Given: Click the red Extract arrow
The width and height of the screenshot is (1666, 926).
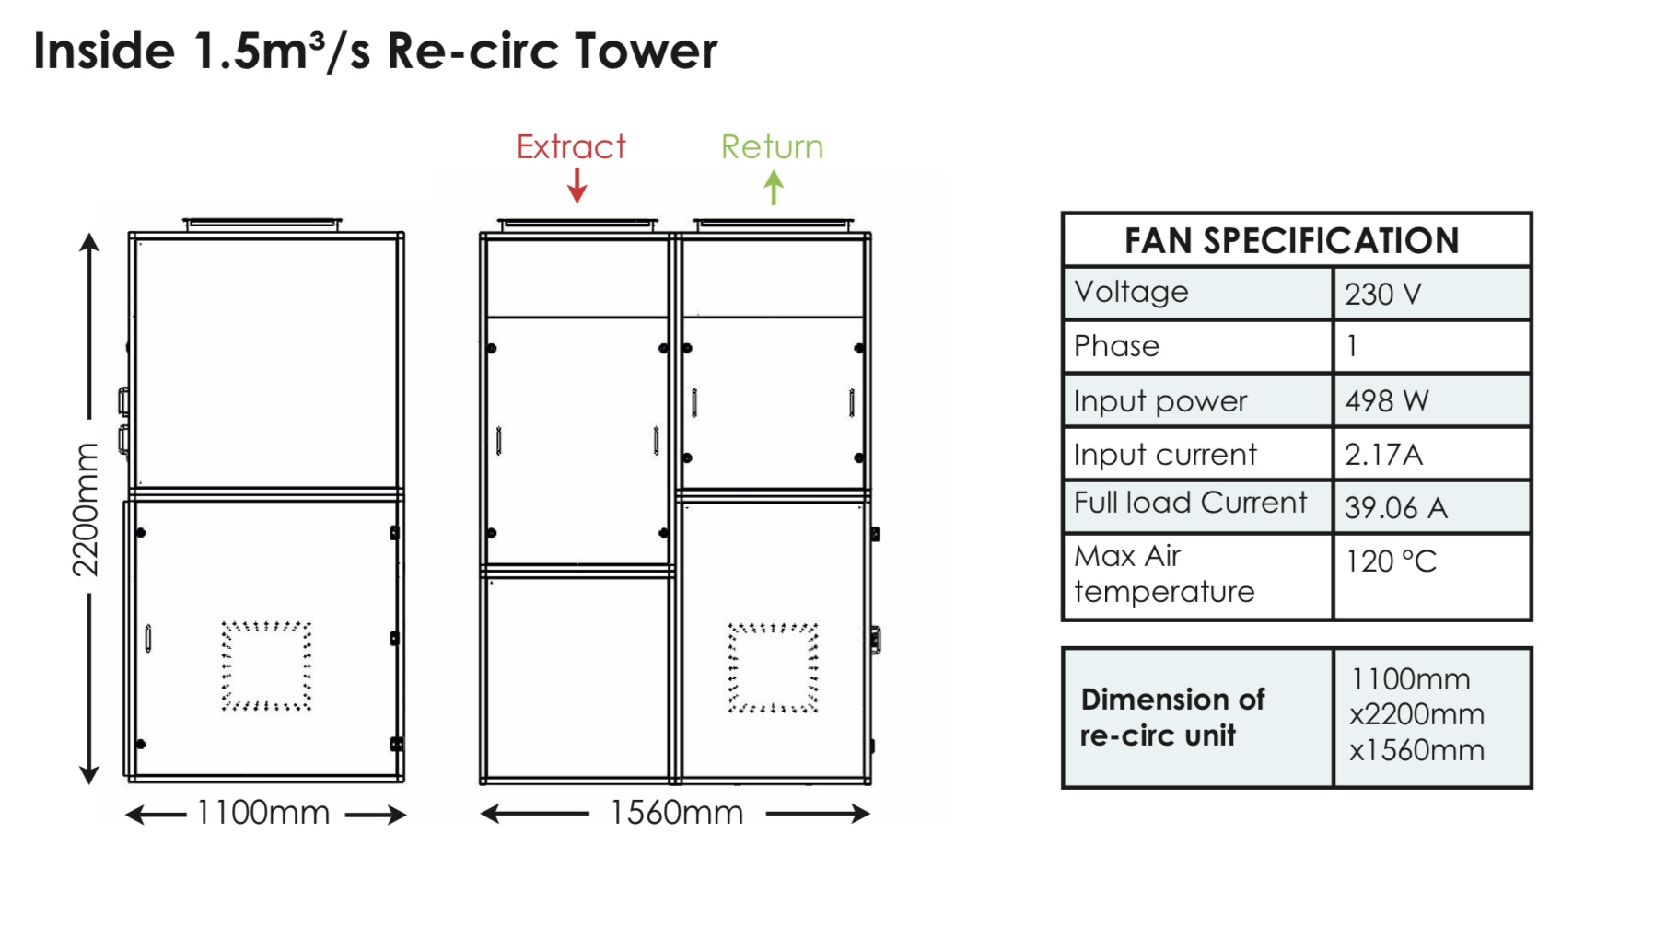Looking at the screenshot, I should coord(577,186).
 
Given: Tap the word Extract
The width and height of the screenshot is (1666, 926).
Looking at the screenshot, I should coord(571,147).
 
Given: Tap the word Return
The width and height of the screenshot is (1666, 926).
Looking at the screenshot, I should coord(772,147).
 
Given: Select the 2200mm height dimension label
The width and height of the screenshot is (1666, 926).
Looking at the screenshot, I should coord(86,509).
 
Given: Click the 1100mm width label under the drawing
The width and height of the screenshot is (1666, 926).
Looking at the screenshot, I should coord(263,813).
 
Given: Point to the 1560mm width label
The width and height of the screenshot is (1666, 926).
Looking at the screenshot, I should coord(676,813).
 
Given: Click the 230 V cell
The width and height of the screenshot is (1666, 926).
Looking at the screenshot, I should coord(1382,295).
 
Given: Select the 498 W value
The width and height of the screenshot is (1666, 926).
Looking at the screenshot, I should coord(1386,401).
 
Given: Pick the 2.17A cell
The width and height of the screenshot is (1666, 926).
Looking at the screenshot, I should coord(1383,455).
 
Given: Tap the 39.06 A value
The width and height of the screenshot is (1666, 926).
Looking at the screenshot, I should coord(1395,507).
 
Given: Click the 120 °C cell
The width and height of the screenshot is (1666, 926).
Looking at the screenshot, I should coord(1391,561).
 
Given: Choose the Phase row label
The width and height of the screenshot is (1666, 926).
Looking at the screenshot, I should coord(1116,347).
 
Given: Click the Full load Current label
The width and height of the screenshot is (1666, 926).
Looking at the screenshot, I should coord(1190,503).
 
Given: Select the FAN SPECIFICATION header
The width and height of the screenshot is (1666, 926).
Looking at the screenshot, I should coord(1291,241).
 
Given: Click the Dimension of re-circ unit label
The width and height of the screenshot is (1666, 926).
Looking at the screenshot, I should coord(1171,717).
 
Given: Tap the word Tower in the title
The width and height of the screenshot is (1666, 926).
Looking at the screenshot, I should coord(646,51).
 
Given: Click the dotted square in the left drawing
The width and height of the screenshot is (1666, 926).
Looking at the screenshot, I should coord(266,666).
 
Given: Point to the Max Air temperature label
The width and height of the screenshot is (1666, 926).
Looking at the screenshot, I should coord(1163,573).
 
